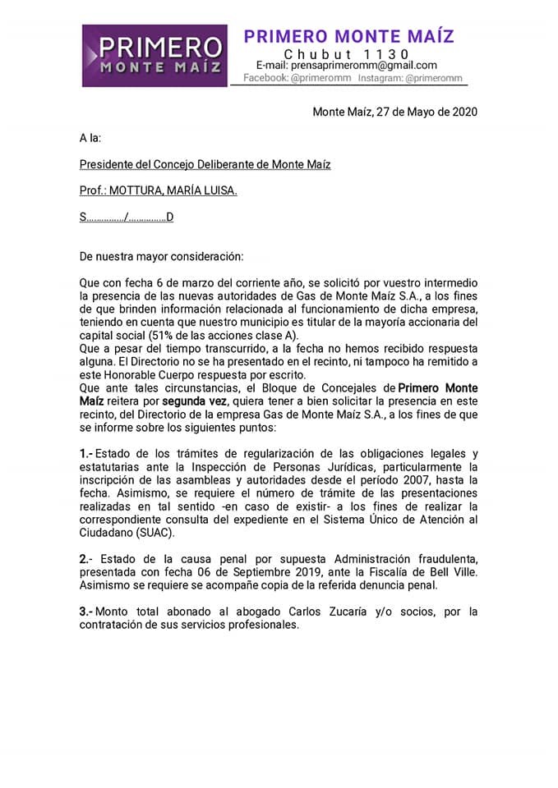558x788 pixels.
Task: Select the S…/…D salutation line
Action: click(x=127, y=218)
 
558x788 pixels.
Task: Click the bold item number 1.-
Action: click(x=86, y=453)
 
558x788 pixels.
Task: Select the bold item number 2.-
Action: click(x=86, y=558)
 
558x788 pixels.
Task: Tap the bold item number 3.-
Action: click(x=86, y=612)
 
